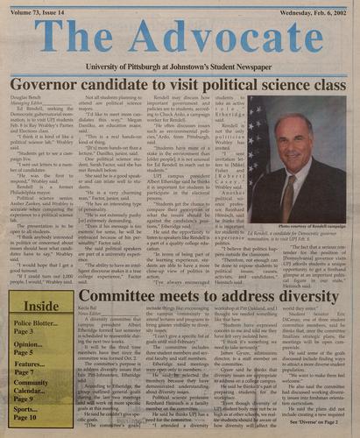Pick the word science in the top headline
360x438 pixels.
click(x=279, y=84)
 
